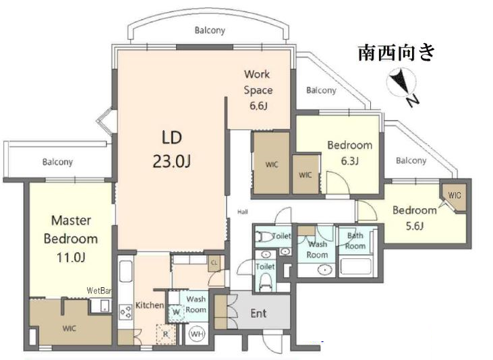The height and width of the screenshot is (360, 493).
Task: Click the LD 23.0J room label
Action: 172,150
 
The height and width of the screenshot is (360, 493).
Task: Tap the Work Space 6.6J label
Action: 258,90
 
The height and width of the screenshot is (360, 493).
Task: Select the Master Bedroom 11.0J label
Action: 71,239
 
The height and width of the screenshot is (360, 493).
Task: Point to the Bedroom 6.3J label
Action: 349,153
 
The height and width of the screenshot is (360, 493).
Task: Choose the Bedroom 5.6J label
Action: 414,218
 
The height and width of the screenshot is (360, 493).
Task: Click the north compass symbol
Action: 403,85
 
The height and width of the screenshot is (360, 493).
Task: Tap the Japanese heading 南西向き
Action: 397,53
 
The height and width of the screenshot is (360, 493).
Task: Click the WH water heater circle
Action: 197,334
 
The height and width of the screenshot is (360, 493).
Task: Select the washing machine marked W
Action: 176,312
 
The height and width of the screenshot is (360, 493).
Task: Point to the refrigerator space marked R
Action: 165,334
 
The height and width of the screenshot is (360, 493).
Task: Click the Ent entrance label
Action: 258,313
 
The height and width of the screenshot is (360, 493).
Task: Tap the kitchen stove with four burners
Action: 125,313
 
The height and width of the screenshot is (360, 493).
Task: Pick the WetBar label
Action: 99,291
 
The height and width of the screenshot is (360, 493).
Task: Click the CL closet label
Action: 214,262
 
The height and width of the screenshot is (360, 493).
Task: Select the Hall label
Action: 242,212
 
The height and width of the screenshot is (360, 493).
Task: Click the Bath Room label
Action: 355,241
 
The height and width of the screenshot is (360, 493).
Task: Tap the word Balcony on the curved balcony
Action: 210,30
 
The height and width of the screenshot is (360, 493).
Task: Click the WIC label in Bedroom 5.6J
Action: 455,196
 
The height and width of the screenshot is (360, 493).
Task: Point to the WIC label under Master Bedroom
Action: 69,328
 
